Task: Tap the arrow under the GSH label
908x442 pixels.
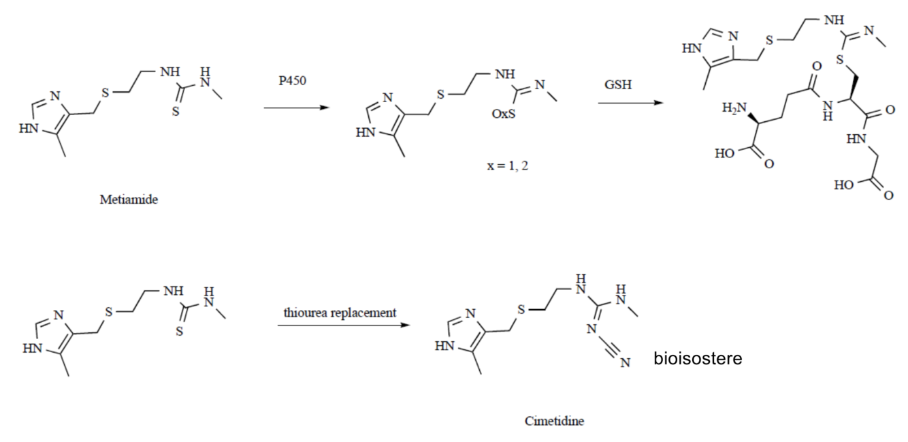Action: coord(630,103)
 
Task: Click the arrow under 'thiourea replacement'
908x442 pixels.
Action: coord(343,324)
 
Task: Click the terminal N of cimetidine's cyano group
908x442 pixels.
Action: coord(624,364)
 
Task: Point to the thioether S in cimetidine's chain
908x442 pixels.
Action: coord(520,312)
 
